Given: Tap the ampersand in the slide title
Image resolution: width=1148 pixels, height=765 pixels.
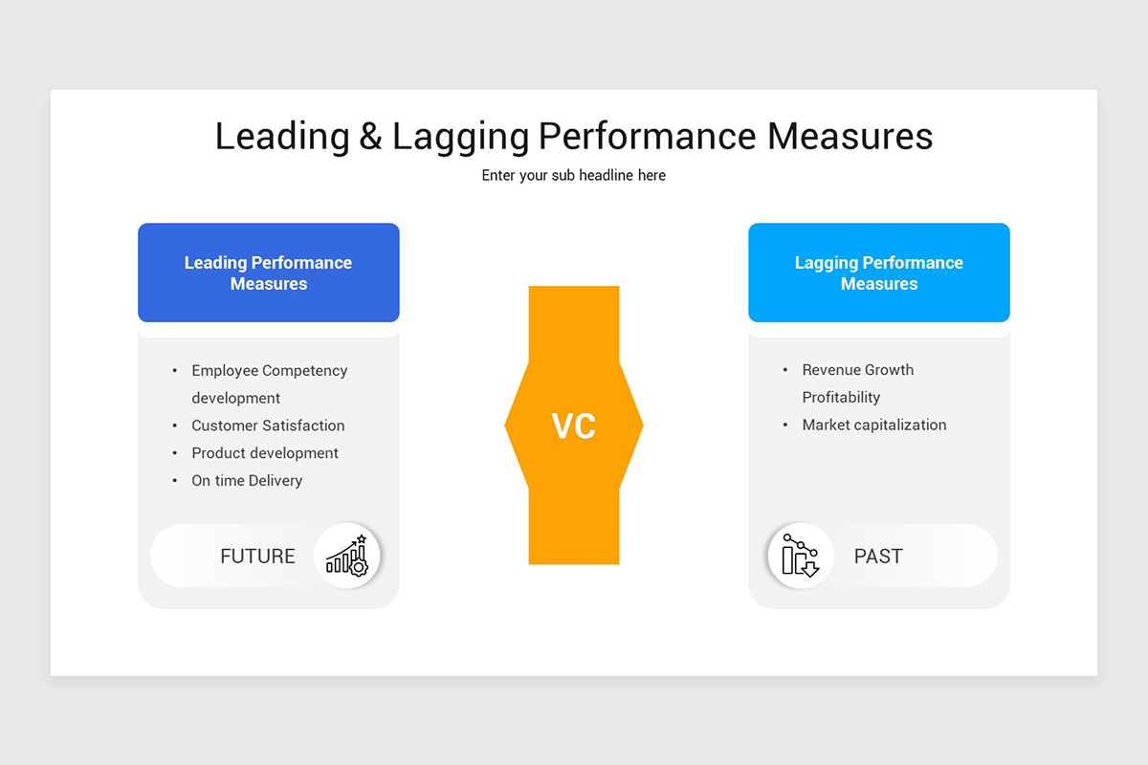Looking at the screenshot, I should point(371,137).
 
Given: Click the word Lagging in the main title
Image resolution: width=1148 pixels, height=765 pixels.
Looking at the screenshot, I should point(460,137).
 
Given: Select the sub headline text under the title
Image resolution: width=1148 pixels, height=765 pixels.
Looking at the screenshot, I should point(574,176).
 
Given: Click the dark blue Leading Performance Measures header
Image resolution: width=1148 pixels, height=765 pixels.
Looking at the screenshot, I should point(268,273).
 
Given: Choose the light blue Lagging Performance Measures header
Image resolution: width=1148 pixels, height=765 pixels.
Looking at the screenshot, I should point(878,273).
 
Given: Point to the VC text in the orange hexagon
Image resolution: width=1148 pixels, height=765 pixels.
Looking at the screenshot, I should point(574,426).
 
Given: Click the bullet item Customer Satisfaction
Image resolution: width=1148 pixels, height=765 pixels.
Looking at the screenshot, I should point(268,426).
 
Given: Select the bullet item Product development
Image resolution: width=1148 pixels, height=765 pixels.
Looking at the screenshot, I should point(265,453).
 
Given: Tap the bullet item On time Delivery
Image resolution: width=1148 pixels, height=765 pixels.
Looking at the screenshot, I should point(247,481).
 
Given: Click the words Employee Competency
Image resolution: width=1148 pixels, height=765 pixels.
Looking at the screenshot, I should point(269,371).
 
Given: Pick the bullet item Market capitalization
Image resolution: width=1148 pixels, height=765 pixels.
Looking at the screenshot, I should point(874,426).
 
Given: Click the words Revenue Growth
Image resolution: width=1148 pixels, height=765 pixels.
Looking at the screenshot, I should point(858,370).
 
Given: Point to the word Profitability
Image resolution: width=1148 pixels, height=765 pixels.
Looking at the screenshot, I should point(841,398).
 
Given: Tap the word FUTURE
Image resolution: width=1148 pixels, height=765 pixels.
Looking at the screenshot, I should point(257,557).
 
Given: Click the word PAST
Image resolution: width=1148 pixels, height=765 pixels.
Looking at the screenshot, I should point(878,557).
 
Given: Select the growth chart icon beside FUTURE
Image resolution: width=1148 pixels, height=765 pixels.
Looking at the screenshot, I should point(347,556).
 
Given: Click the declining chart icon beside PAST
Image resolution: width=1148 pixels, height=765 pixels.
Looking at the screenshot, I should point(800,556).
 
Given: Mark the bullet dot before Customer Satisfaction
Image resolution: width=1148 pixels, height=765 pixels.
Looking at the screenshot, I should point(175,426).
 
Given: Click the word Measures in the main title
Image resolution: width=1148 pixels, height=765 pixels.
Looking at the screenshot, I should point(850,137).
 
